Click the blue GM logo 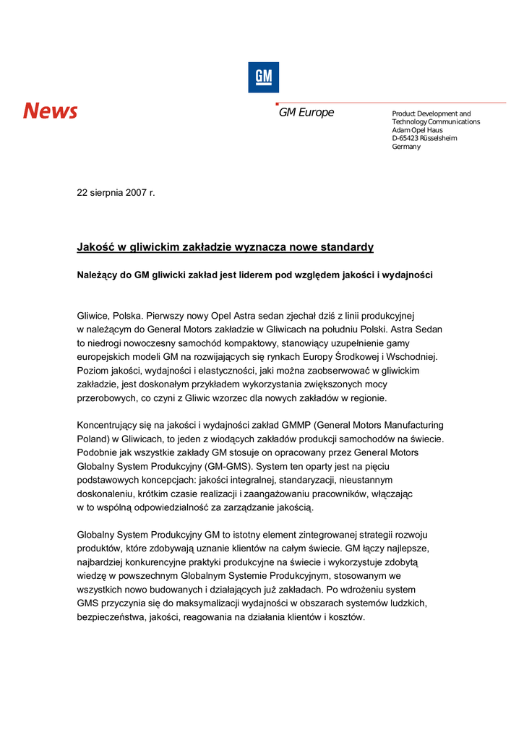tap(263, 77)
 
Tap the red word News tap(50, 111)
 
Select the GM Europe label tap(306, 113)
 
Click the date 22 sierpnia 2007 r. tap(116, 193)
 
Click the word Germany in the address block tap(405, 147)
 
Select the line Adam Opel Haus tap(417, 130)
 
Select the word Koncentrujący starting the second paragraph tap(111, 426)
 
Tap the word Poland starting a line tap(92, 439)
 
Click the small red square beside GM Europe tap(277, 104)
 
